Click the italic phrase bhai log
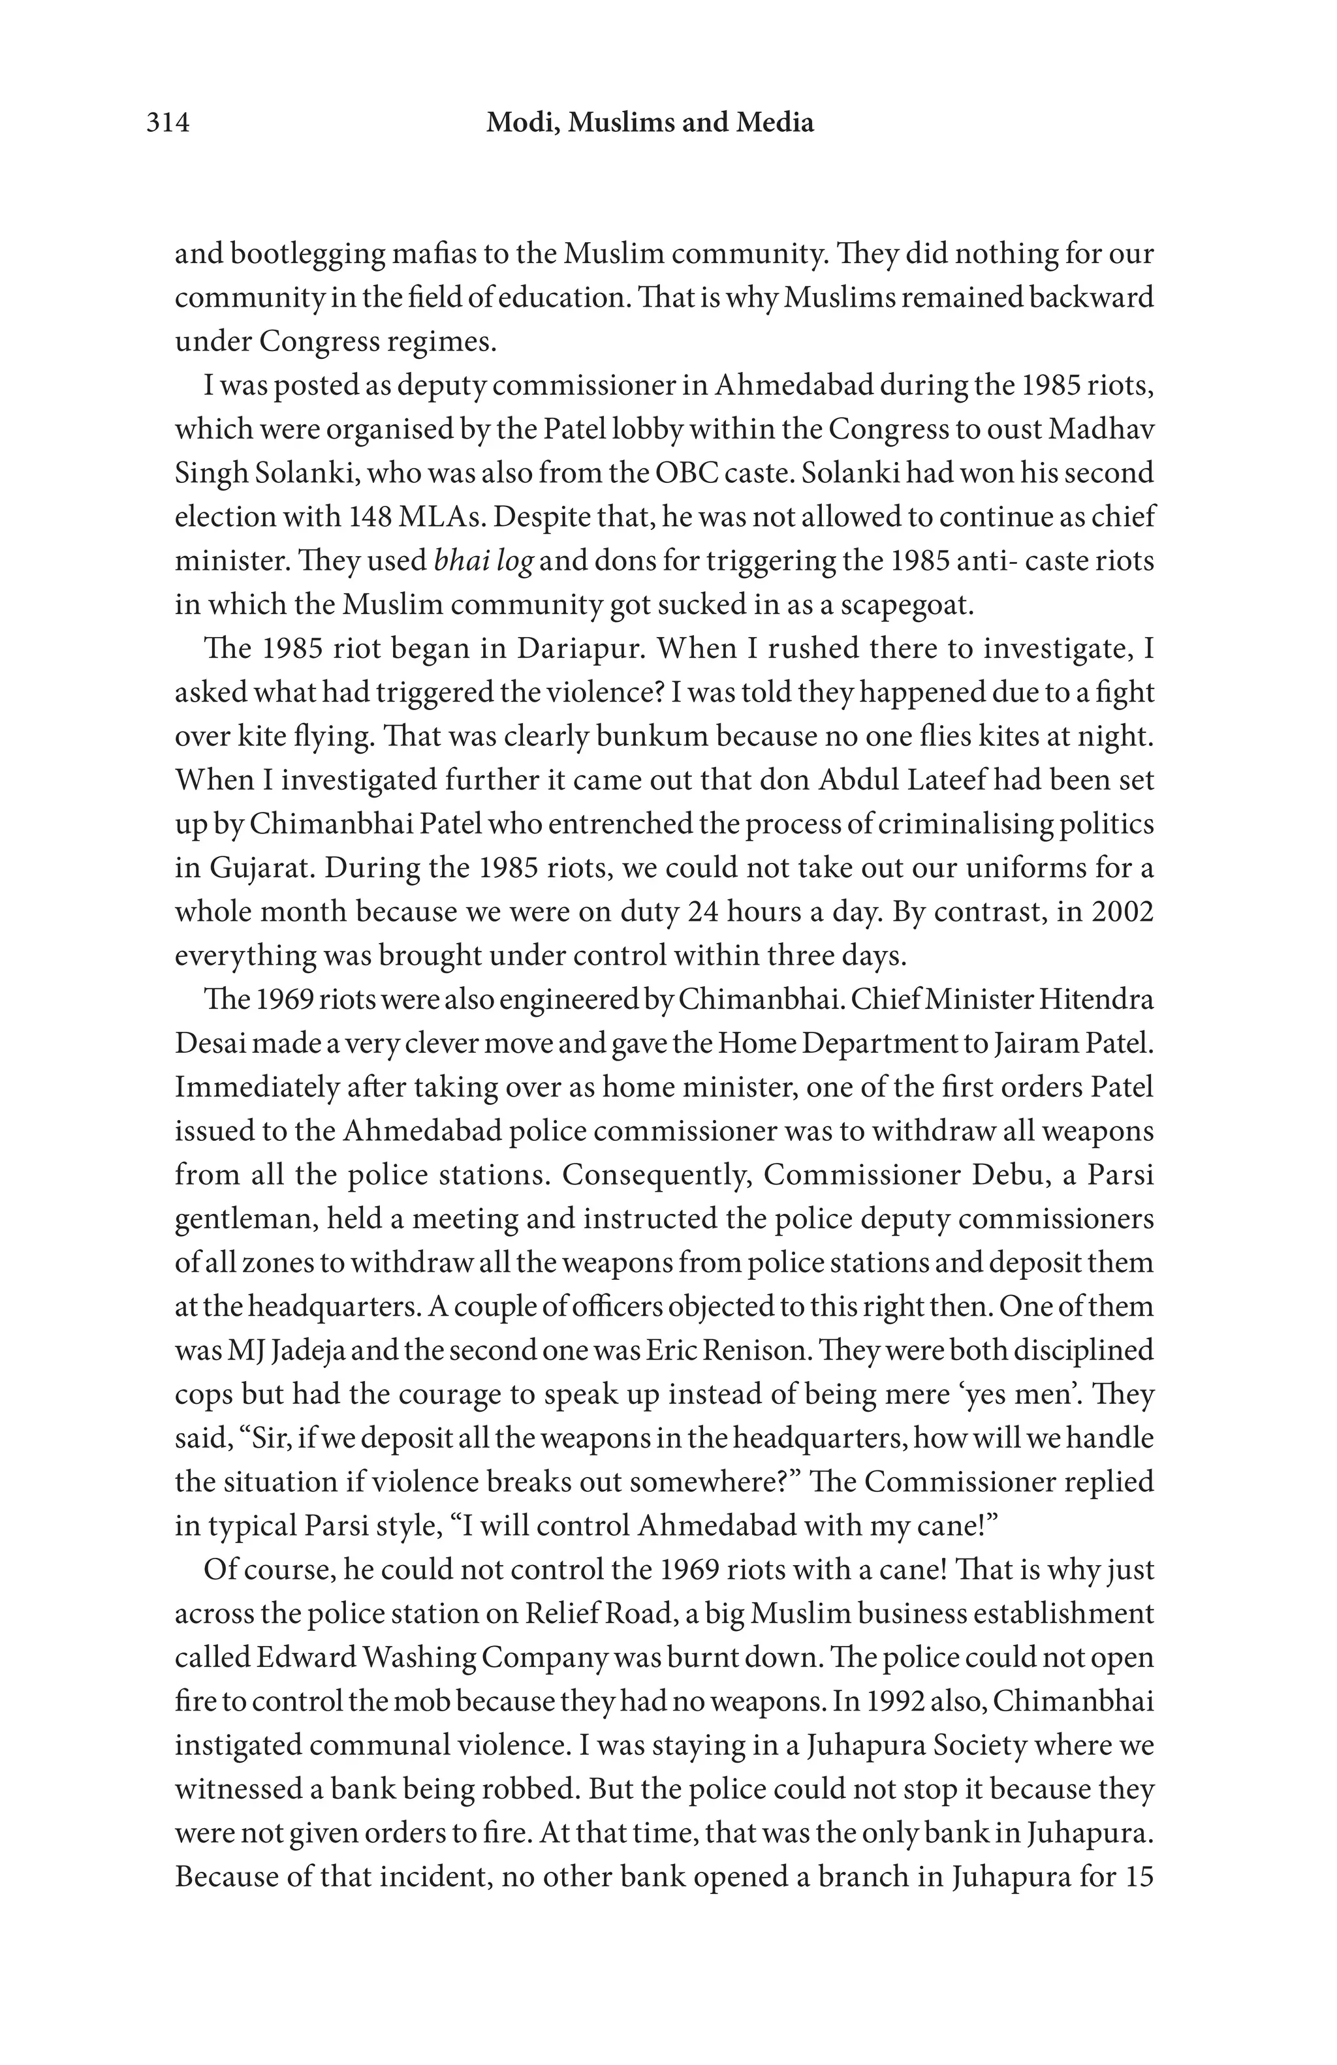tap(483, 561)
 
